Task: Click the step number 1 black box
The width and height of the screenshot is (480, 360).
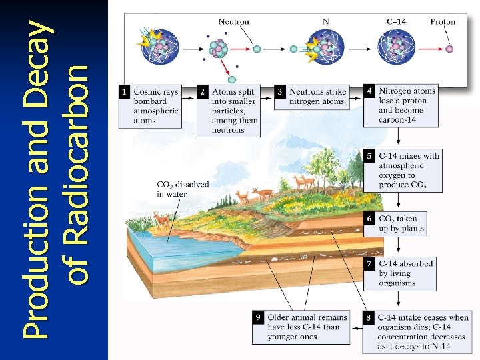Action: pos(124,91)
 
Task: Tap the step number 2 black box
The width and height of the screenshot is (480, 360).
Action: pos(203,91)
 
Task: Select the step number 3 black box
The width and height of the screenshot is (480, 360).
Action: pos(281,91)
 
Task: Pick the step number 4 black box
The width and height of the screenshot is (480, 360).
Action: pos(369,90)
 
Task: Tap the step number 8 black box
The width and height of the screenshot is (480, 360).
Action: pos(368,317)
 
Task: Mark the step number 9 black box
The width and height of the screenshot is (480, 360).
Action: pos(258,317)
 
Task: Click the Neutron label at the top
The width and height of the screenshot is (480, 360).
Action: pos(234,21)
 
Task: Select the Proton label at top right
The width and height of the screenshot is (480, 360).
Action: pos(443,21)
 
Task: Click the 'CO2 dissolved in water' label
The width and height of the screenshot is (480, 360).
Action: pos(182,189)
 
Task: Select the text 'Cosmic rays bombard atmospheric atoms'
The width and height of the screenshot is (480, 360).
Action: pos(155,106)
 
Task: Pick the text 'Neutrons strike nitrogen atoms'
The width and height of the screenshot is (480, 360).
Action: pos(317,97)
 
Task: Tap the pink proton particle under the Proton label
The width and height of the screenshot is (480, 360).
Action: pos(449,49)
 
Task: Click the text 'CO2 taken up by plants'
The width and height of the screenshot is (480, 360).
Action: pos(401,223)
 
